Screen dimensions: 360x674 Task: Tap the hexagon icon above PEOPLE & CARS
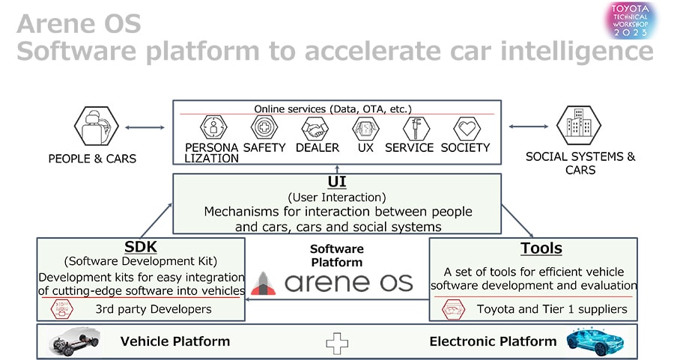point(97,128)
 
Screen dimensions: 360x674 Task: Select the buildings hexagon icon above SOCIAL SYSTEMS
point(578,128)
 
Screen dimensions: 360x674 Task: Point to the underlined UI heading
point(336,182)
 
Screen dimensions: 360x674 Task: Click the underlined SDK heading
point(141,248)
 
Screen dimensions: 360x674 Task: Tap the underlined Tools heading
point(541,248)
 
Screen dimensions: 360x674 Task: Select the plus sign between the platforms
point(337,342)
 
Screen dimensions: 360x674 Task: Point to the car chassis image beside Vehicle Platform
point(75,341)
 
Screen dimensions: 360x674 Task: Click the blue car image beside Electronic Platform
point(595,341)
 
